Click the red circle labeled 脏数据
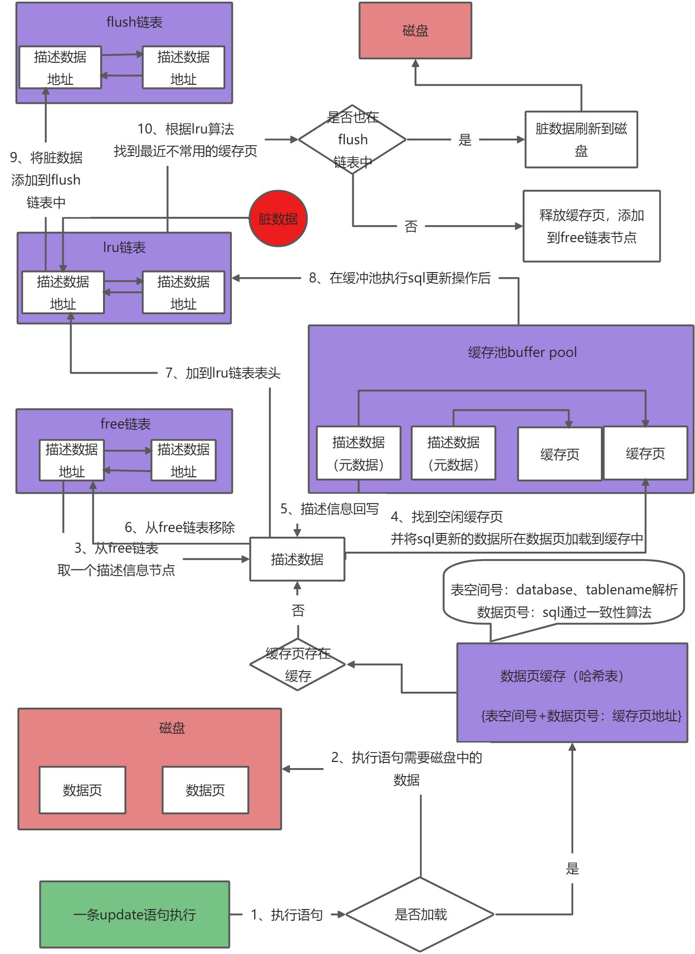tap(278, 218)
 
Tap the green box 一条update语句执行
tap(134, 914)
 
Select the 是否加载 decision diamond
tap(420, 914)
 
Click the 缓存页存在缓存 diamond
tap(298, 664)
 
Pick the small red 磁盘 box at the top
tap(415, 31)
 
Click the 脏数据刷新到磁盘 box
tap(581, 139)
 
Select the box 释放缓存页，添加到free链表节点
tap(591, 226)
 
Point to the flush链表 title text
tap(134, 22)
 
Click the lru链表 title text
tap(124, 247)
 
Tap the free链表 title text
tap(126, 424)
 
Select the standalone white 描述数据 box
tap(297, 559)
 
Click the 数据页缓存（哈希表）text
tap(562, 676)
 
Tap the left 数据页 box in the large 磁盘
tap(82, 790)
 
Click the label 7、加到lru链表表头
tap(223, 373)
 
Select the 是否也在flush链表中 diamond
tap(352, 140)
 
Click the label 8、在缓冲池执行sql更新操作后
tap(399, 278)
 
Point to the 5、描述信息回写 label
tap(329, 509)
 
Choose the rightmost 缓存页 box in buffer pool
tap(645, 453)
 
